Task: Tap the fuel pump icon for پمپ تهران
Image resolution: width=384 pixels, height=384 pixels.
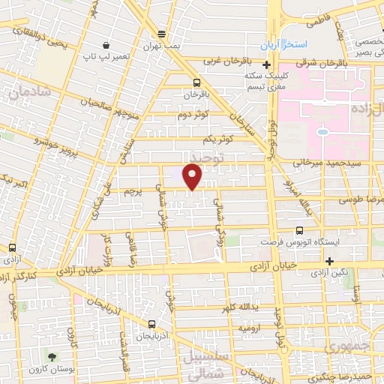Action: tap(161, 34)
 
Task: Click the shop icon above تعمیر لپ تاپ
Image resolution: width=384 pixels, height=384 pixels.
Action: tap(108, 45)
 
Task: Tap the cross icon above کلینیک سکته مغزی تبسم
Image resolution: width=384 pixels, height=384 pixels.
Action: tap(277, 66)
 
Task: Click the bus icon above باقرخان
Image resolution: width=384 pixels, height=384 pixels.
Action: tap(196, 83)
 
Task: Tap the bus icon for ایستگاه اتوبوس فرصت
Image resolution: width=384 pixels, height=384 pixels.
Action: tap(300, 231)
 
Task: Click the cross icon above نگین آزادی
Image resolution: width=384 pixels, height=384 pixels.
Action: tap(330, 260)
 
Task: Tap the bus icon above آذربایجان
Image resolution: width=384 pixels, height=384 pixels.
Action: tap(152, 325)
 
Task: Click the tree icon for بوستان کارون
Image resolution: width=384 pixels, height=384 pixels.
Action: tap(52, 358)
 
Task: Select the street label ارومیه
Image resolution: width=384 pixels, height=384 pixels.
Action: tap(249, 328)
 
